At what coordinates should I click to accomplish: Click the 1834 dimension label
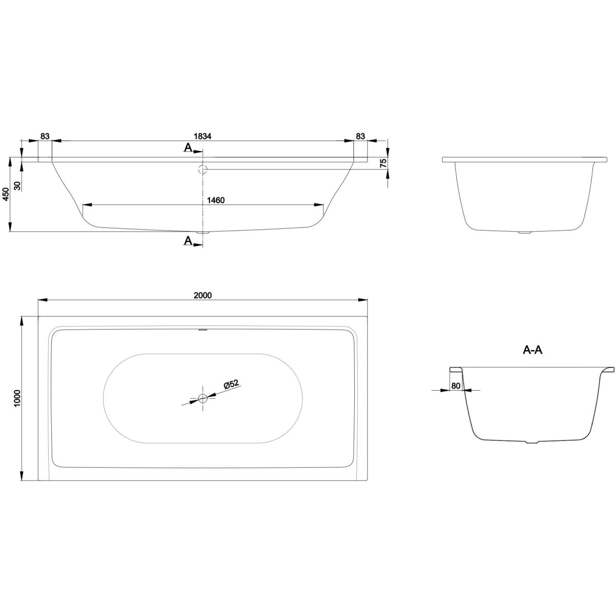[203, 136]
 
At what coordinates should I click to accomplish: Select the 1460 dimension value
[216, 200]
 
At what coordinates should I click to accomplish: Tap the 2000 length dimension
[203, 295]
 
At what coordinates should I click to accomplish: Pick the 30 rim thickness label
[17, 186]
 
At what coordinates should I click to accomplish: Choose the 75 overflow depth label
[383, 163]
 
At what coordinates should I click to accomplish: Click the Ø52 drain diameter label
[232, 384]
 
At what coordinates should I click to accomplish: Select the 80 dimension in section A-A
[455, 386]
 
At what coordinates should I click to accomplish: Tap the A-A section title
[532, 351]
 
